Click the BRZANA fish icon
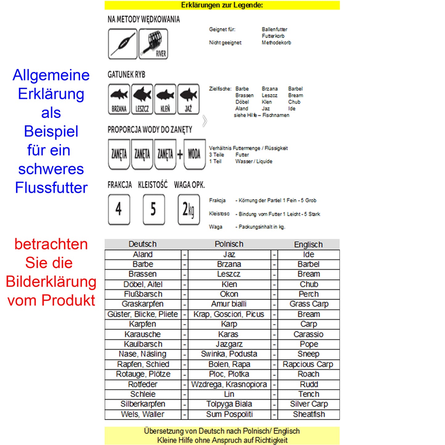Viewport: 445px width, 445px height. tap(119, 99)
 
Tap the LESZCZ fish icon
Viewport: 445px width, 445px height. tap(142, 99)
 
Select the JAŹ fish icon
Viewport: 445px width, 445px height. tap(188, 99)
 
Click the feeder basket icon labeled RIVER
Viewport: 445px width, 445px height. tap(153, 44)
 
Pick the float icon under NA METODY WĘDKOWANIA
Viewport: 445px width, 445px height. tap(123, 44)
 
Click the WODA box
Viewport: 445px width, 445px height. tap(194, 154)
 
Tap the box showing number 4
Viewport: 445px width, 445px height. tap(119, 209)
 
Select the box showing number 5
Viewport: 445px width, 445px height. tap(153, 209)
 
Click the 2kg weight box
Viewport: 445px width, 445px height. tap(188, 209)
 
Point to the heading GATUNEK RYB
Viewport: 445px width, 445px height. tap(126, 75)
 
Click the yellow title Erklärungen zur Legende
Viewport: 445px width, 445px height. tap(222, 5)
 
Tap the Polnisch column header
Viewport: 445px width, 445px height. tap(229, 244)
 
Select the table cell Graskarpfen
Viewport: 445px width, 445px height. tap(143, 304)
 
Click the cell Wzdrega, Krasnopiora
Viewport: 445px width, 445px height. tap(229, 384)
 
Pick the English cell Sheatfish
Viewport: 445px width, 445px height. tap(309, 414)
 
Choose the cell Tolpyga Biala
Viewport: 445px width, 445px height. tap(229, 404)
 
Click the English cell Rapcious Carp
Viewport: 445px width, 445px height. tap(308, 364)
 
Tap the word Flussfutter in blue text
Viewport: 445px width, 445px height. tap(51, 188)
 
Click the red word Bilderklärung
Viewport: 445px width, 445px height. tap(51, 282)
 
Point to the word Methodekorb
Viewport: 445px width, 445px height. tap(276, 42)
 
